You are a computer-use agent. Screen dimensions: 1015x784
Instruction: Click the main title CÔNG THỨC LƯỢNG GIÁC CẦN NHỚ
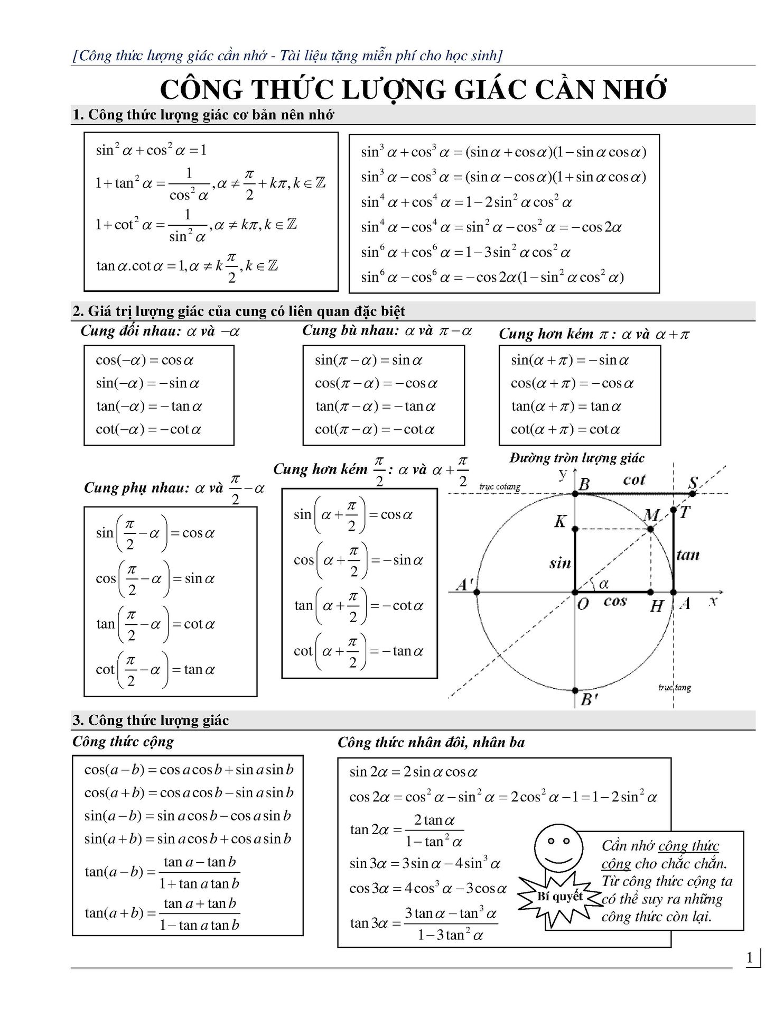pos(413,90)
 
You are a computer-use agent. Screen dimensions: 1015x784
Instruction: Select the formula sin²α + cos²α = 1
pos(151,150)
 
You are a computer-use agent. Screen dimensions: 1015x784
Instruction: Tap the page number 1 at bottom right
pos(749,958)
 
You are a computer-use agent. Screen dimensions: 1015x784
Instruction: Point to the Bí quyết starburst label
pos(559,896)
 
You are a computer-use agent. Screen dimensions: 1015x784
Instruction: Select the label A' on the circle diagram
pos(464,585)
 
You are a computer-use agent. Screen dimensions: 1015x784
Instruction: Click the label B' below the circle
pos(589,700)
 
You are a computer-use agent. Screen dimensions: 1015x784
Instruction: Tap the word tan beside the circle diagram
pos(687,555)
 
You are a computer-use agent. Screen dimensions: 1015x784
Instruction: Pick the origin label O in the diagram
pos(583,604)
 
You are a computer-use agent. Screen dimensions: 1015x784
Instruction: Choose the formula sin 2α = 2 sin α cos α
pos(413,772)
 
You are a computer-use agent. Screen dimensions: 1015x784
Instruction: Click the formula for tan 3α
pos(424,924)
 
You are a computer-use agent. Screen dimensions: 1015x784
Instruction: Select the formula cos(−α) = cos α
pos(144,361)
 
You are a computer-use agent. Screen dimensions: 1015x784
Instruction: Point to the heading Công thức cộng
pos(123,741)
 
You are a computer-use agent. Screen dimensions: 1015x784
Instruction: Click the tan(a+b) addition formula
pos(162,914)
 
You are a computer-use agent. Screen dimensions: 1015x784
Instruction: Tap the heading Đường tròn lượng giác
pos(577,458)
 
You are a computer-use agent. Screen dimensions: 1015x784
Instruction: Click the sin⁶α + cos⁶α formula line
pos(465,252)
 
